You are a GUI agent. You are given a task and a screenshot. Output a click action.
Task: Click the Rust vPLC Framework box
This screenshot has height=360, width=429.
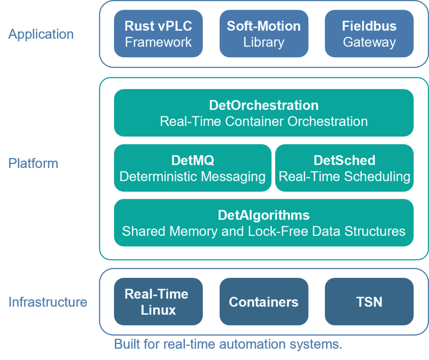coord(158,34)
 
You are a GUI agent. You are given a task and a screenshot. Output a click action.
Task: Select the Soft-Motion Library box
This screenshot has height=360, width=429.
coord(264,34)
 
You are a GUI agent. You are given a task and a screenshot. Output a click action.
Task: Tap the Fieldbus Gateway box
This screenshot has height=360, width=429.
coord(369,34)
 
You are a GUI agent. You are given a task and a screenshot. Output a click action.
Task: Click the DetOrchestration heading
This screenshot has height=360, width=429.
coord(264,105)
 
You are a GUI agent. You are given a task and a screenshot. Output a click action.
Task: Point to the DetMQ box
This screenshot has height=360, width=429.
coord(192,168)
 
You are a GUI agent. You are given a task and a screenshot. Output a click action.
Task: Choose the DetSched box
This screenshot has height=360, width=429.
coord(344,168)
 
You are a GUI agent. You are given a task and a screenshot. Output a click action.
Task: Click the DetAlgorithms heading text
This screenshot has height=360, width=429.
coord(264,215)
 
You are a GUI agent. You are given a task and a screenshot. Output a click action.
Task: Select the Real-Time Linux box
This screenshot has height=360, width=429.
coord(158,301)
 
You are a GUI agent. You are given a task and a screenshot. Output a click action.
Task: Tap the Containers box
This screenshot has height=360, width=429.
coord(264,301)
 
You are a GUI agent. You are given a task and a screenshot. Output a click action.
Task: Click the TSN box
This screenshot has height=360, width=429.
coord(369,301)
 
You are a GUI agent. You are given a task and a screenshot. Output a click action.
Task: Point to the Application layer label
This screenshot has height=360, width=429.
coord(41,34)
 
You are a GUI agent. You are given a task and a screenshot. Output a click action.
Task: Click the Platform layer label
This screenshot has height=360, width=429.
coord(33,163)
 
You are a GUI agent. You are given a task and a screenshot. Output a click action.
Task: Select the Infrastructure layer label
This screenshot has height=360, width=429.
coord(48,302)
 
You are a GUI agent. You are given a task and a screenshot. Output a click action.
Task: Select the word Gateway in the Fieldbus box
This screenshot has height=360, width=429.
coord(369,42)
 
